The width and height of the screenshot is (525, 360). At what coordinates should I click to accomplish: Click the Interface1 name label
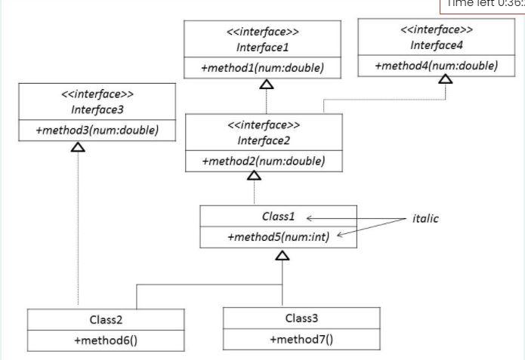[x=262, y=47]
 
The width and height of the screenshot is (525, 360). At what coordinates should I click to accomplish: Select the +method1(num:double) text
[x=262, y=68]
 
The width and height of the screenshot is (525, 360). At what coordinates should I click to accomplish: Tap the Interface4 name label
[x=436, y=45]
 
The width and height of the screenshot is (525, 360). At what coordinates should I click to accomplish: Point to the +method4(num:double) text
[x=436, y=66]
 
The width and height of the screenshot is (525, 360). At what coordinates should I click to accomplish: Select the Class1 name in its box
[x=277, y=216]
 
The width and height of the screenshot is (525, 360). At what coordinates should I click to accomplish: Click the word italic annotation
[x=425, y=218]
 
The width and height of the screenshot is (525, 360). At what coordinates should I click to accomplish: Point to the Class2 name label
[x=105, y=320]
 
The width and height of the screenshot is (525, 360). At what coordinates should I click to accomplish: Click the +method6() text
[x=105, y=340]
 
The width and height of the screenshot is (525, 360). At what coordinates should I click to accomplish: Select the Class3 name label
[x=301, y=318]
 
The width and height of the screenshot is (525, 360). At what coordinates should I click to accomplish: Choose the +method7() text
[x=301, y=339]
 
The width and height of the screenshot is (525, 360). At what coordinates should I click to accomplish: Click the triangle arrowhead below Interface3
[x=78, y=146]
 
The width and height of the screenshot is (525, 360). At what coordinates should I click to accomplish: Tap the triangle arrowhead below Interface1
[x=266, y=84]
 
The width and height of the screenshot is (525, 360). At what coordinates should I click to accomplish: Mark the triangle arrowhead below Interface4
[x=446, y=79]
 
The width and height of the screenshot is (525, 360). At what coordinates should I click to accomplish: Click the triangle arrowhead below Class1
[x=282, y=255]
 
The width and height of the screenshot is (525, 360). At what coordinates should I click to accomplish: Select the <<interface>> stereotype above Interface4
[x=436, y=30]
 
